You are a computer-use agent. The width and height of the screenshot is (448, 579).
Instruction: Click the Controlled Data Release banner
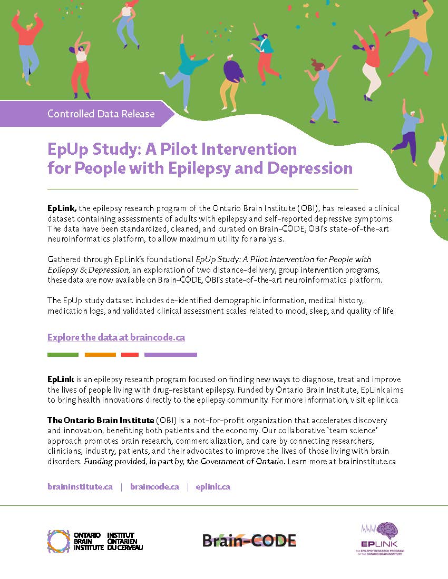click(x=101, y=114)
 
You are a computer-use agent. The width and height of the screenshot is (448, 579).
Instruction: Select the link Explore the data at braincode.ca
click(x=116, y=337)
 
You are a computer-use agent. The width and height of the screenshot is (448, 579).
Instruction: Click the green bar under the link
click(x=63, y=355)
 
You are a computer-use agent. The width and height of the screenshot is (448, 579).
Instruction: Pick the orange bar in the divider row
click(x=100, y=355)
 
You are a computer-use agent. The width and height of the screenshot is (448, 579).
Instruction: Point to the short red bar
click(x=130, y=355)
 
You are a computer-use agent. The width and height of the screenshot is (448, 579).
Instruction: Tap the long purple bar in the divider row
click(x=171, y=355)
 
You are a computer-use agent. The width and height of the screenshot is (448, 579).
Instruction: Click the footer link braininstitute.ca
click(x=80, y=487)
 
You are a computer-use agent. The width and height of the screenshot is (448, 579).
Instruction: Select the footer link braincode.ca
click(x=154, y=487)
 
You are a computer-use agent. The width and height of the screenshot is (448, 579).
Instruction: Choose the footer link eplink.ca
click(x=213, y=487)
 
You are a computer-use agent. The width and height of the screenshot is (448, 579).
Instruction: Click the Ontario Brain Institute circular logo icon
click(x=59, y=541)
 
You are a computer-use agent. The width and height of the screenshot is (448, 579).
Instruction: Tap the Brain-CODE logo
click(x=249, y=540)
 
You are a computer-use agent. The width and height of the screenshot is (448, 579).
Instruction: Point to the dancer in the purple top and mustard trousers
click(x=233, y=79)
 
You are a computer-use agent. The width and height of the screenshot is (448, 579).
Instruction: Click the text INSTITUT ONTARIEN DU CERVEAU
click(x=124, y=541)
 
